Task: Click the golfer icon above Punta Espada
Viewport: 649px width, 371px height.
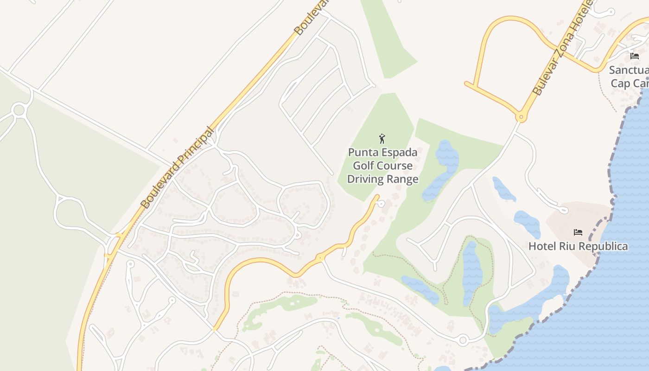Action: [x=382, y=139]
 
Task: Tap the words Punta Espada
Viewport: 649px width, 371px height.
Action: [x=382, y=153]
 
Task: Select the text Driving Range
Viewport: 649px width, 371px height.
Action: [x=382, y=179]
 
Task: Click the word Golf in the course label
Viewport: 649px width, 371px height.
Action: [x=363, y=166]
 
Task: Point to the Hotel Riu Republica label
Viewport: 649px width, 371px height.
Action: [x=578, y=246]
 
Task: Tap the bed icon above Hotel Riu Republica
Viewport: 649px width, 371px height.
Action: [x=578, y=232]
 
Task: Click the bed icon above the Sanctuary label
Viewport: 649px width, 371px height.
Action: [x=634, y=56]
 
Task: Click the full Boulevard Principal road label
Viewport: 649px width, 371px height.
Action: [x=178, y=168]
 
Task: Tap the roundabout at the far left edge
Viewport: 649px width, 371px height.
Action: [x=19, y=110]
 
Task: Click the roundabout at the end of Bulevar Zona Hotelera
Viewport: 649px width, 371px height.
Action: [x=521, y=118]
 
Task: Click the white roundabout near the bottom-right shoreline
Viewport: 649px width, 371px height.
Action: [x=462, y=340]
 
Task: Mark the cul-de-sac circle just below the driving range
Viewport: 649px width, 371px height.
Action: [x=381, y=204]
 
